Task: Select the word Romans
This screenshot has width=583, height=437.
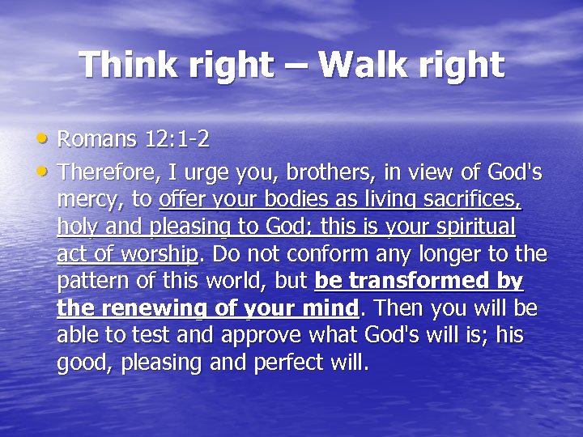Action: [x=96, y=139]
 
